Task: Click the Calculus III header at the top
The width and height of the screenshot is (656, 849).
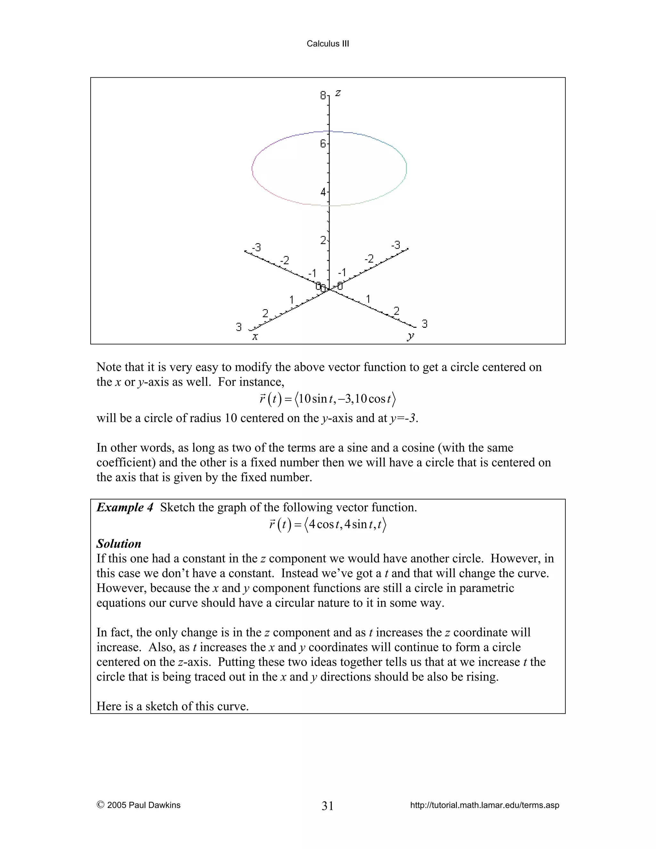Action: click(x=328, y=44)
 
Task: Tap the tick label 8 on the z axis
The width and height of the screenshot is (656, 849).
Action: click(x=323, y=95)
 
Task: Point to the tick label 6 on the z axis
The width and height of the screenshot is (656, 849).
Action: click(x=323, y=144)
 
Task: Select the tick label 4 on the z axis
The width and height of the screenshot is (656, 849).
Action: click(x=323, y=192)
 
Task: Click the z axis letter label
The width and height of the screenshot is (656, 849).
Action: click(x=338, y=93)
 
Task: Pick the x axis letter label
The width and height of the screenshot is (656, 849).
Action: click(x=255, y=337)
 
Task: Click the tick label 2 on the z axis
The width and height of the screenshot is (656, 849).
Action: click(x=323, y=241)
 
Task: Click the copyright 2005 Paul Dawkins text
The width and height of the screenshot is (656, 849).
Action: click(x=139, y=805)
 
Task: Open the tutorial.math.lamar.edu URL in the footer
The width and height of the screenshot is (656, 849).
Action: click(x=485, y=805)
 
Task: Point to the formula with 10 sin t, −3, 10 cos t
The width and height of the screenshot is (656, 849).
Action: click(x=328, y=399)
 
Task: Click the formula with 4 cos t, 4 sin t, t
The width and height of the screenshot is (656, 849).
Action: click(x=328, y=525)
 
